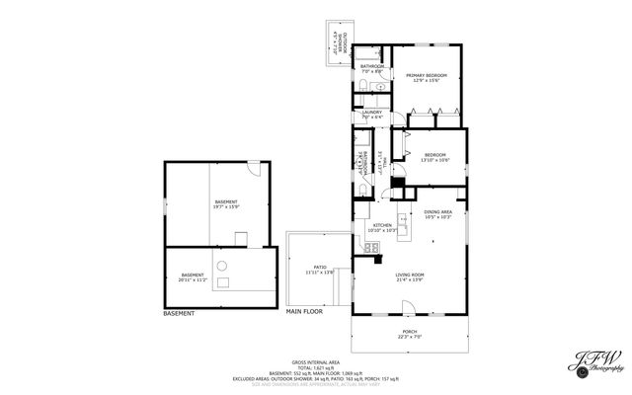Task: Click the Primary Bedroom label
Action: coord(425,76)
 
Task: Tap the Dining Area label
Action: coord(437,212)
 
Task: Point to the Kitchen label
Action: coord(382,225)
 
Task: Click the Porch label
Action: coord(409,332)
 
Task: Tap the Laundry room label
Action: coord(371,113)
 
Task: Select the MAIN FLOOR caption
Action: coord(305,312)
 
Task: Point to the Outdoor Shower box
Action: coord(337,42)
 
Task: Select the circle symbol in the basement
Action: coord(223,264)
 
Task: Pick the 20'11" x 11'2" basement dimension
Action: coord(193,278)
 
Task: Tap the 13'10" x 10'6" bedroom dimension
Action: coord(435,160)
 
